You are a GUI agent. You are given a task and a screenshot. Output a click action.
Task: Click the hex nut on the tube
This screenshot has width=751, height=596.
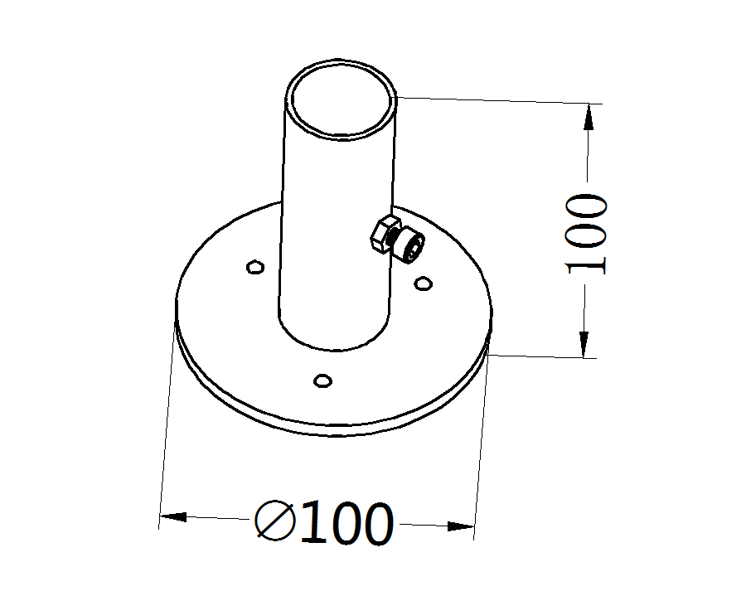[x=385, y=235]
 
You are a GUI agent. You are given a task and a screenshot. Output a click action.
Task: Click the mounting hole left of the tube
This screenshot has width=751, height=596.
[x=254, y=267]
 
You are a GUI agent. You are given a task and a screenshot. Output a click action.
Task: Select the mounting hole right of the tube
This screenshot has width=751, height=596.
[x=423, y=283]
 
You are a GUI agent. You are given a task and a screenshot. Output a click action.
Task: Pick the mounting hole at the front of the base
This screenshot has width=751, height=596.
[x=322, y=380]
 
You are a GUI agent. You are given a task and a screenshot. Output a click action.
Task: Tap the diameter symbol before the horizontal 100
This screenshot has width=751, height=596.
[x=275, y=521]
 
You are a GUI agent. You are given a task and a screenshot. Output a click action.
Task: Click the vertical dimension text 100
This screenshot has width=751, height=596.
[x=586, y=234]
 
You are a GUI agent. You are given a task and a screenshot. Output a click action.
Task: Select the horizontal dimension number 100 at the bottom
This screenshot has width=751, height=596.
[x=346, y=521]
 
